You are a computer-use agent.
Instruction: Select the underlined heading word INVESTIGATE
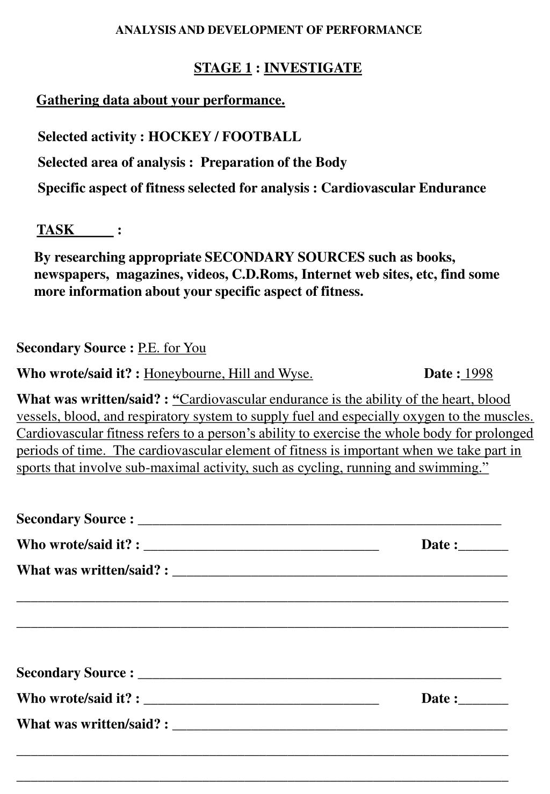(313, 68)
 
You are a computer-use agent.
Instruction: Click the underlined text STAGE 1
(223, 68)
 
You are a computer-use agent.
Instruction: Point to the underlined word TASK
(55, 230)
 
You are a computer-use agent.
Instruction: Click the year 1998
(479, 374)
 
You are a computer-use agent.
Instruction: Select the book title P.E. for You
(172, 348)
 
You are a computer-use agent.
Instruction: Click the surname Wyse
(295, 374)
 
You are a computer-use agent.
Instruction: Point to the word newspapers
(70, 274)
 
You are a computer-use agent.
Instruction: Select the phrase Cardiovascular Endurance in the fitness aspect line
(403, 188)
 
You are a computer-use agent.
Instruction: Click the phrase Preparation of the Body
(273, 163)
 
